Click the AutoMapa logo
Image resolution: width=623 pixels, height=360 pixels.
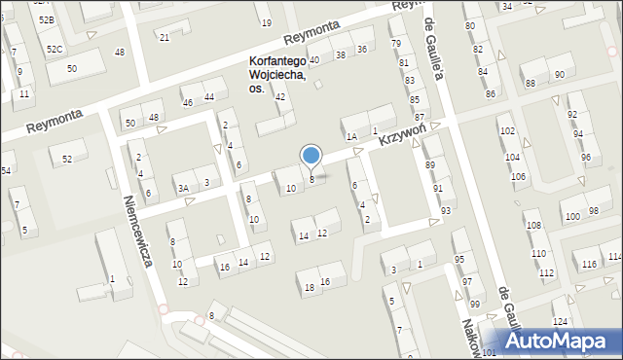point(560,341)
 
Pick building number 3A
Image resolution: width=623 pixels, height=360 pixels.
point(182,188)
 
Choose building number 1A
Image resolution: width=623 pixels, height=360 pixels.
point(351,137)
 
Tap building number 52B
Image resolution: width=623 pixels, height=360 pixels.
point(46,19)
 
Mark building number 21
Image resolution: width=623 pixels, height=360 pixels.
point(165,37)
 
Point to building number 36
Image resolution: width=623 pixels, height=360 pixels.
point(362,49)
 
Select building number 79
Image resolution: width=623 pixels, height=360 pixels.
point(395,44)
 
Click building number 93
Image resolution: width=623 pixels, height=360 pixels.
point(446,210)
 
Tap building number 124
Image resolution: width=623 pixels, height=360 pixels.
point(560,321)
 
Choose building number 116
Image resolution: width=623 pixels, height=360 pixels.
point(589,265)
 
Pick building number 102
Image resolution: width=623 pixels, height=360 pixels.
point(507,130)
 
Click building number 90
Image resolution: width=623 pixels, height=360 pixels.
point(559,75)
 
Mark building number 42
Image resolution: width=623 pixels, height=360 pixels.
point(280,96)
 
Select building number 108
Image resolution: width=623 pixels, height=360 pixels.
point(533,226)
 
